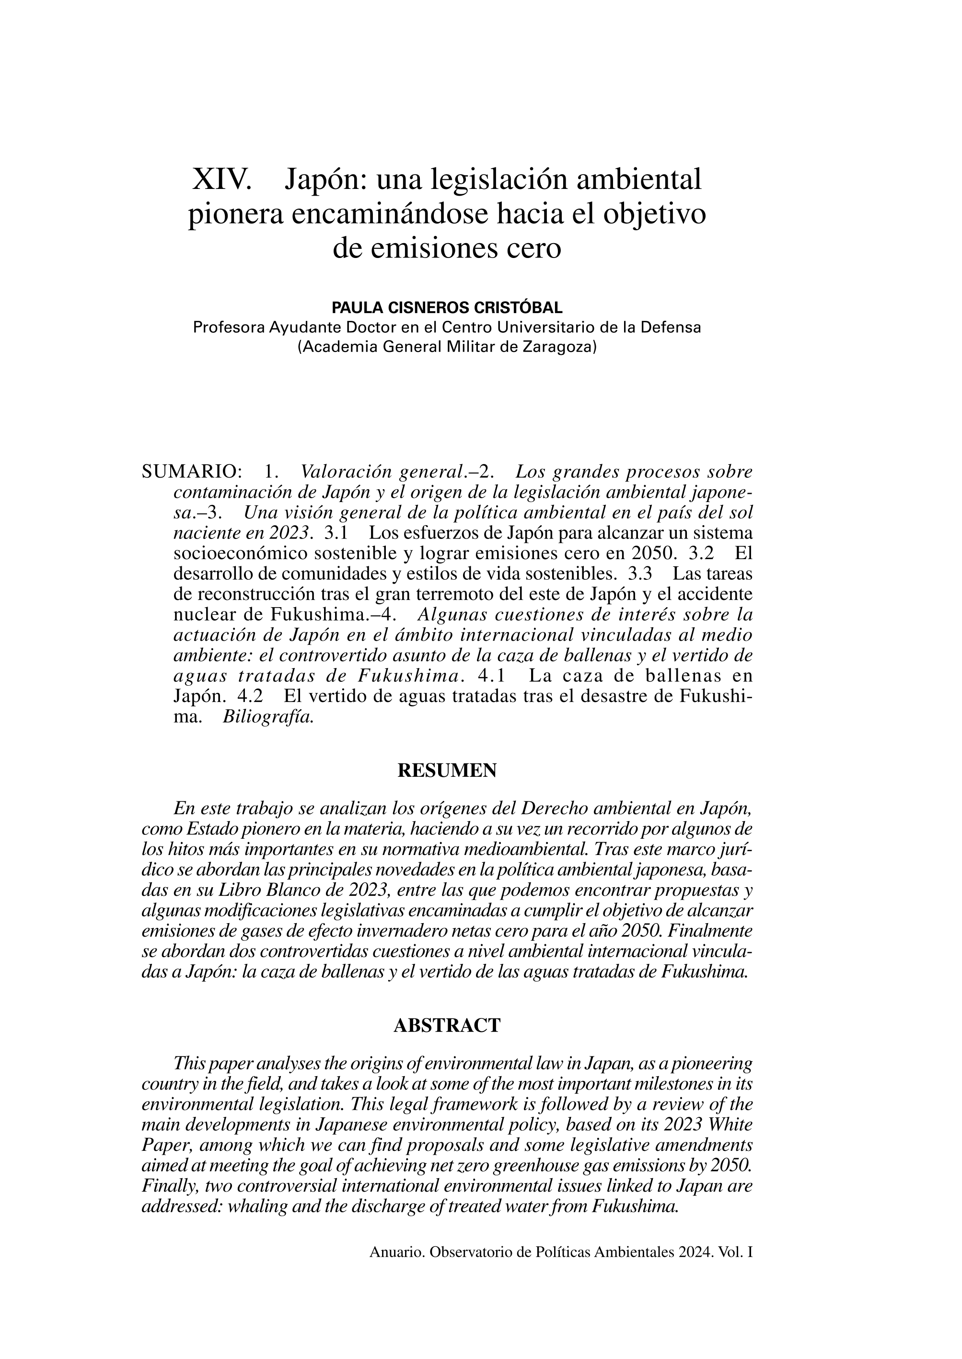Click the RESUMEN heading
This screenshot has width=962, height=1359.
click(x=447, y=771)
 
